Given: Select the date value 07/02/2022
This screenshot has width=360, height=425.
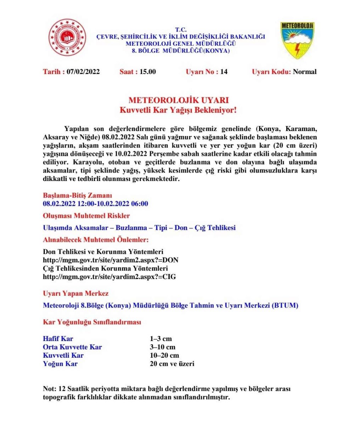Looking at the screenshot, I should [83, 72].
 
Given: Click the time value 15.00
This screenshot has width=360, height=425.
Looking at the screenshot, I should [147, 72].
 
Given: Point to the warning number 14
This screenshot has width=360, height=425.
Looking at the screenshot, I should [224, 72].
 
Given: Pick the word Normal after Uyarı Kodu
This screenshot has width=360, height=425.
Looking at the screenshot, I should [305, 72].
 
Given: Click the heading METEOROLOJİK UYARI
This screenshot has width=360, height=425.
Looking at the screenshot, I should [179, 100].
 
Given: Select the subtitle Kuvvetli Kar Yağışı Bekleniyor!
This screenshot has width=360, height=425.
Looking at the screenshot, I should [179, 110].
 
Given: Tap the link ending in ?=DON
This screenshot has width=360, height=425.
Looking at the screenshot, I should [110, 260].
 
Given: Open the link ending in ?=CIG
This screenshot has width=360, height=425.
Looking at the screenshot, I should [109, 277].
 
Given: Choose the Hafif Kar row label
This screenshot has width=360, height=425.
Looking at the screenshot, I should [58, 339].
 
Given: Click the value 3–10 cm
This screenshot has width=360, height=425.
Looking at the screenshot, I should [162, 347].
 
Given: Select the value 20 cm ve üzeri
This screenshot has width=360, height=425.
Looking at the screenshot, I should [172, 364].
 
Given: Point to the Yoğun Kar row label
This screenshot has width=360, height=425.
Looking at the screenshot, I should [60, 364].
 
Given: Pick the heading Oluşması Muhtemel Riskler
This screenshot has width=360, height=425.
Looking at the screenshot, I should [86, 216].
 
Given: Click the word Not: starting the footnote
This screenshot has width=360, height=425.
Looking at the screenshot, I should [49, 389].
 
